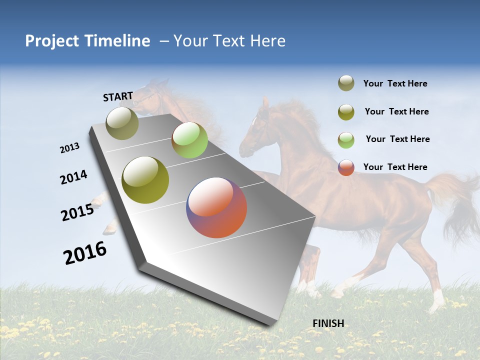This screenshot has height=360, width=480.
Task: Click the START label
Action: click(118, 96)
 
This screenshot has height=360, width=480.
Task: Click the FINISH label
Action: click(328, 323)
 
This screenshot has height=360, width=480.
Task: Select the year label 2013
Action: click(70, 148)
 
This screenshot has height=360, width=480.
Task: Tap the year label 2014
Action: click(74, 177)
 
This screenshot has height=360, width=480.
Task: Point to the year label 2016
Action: click(85, 253)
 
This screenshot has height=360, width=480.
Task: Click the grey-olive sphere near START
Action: click(122, 123)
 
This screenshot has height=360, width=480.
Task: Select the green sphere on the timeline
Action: click(189, 140)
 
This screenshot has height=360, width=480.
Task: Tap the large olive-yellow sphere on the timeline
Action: click(145, 180)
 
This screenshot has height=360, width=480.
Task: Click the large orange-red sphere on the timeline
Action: click(216, 207)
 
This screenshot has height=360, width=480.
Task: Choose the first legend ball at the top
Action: click(346, 83)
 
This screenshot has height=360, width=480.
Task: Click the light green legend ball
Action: click(346, 139)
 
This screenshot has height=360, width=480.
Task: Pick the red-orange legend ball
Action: click(346, 167)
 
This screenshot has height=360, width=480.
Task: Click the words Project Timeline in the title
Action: click(87, 41)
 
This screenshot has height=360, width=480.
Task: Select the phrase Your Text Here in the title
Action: click(229, 41)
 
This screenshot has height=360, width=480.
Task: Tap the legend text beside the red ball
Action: click(395, 167)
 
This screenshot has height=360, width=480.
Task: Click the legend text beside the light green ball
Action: click(397, 139)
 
